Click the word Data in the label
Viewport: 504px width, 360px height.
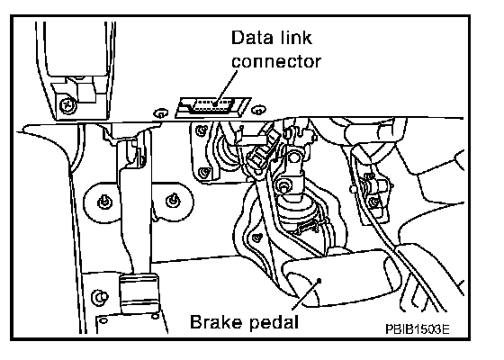pos(252,37)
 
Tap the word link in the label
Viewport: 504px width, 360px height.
pos(296,37)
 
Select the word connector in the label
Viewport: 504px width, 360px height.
pos(276,61)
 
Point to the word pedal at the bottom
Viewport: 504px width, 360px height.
pos(274,322)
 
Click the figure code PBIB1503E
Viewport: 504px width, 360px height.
pos(418,329)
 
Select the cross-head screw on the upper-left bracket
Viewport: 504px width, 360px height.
pos(67,104)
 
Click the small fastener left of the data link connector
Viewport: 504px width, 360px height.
pos(161,113)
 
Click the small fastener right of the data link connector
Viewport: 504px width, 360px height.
pos(258,110)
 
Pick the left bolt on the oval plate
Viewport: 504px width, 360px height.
pos(104,202)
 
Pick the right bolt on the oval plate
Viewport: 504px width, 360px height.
pos(172,201)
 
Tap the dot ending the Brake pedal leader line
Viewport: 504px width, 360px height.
pos(319,281)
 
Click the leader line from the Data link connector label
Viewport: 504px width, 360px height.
pos(227,86)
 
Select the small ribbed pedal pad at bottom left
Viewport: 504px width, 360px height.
pos(139,293)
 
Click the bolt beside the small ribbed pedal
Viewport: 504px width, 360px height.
pos(100,297)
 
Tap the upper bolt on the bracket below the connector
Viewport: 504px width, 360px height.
pos(202,130)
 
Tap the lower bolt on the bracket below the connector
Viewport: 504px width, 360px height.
pos(203,173)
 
